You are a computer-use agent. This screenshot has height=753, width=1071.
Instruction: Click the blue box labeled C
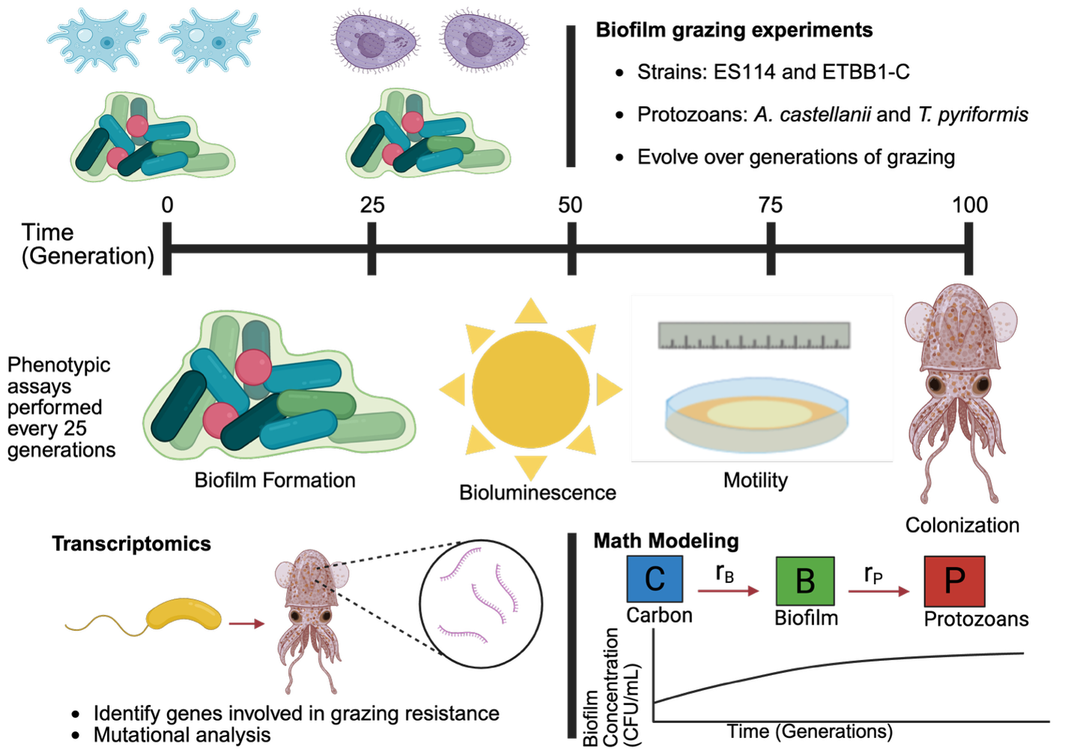tap(655, 578)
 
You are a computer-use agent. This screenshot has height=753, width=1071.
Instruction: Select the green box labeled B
tap(805, 581)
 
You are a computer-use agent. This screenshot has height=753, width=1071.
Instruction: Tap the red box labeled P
tap(954, 581)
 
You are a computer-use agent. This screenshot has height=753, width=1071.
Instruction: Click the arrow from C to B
tap(728, 591)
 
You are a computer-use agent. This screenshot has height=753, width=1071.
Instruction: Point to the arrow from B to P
tap(879, 591)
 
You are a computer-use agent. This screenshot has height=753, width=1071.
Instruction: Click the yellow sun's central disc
tap(530, 390)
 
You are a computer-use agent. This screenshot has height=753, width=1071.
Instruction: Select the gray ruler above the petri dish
tap(754, 336)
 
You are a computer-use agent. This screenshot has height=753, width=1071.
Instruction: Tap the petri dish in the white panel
tap(756, 416)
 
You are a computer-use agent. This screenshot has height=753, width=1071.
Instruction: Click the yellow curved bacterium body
tap(184, 614)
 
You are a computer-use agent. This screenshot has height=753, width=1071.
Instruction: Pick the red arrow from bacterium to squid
tap(247, 623)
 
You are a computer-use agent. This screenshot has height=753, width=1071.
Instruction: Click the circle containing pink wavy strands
tap(481, 603)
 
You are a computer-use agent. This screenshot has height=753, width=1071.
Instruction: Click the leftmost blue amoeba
tap(97, 40)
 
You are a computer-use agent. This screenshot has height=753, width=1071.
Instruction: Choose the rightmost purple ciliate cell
tap(484, 41)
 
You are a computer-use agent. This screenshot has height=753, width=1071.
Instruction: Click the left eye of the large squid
tap(936, 385)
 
